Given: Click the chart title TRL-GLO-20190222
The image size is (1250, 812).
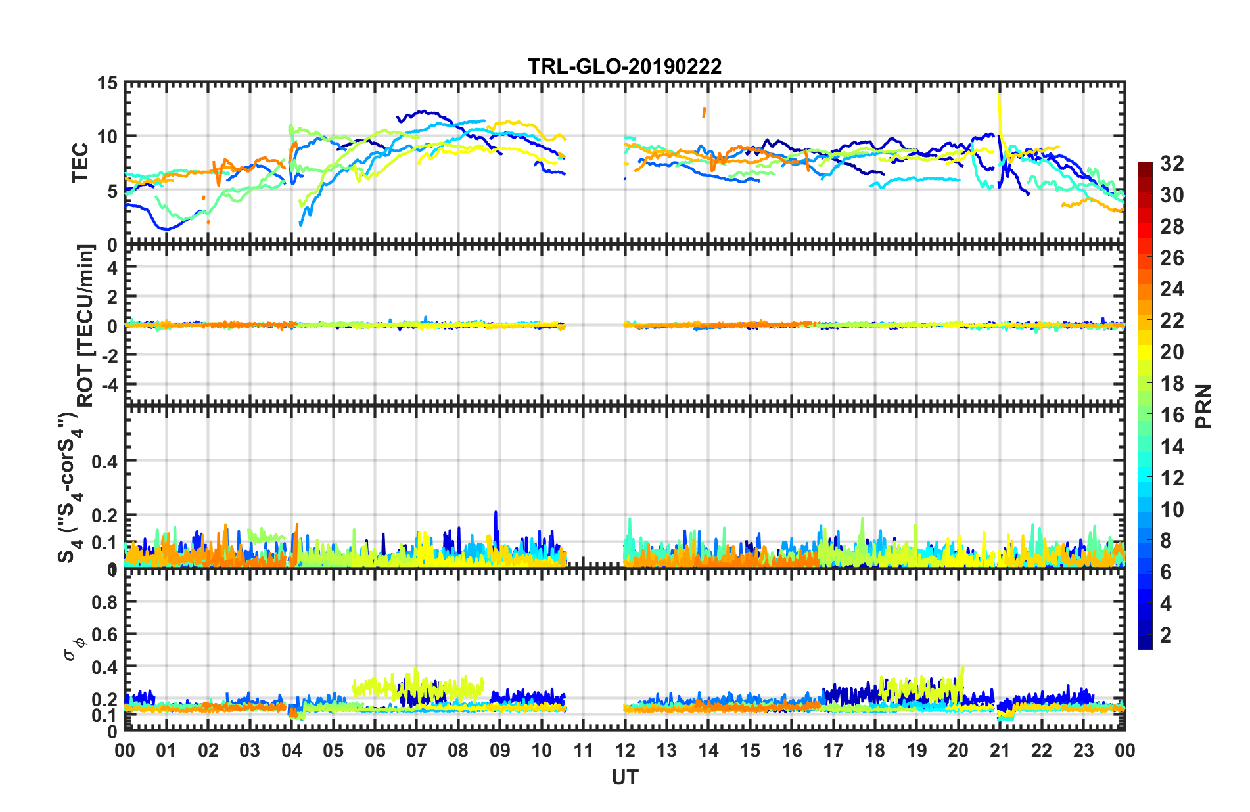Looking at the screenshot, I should pos(624,66).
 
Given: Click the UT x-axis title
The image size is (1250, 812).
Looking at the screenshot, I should pos(624,778).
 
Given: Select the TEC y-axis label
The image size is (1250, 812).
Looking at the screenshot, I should pos(80,163).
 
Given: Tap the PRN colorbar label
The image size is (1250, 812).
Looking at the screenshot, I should pos(1204,406).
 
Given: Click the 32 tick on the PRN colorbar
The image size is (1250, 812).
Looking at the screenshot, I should pos(1172,164).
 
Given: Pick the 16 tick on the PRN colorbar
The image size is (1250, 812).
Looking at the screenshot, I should pos(1172,415).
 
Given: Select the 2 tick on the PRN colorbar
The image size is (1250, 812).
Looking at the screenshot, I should pos(1167,635).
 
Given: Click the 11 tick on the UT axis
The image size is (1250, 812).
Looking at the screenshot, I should pos(583,750).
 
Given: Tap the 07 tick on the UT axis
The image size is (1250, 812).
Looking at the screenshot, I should pos(416,750).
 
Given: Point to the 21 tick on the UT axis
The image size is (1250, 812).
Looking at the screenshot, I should pos(1000,750).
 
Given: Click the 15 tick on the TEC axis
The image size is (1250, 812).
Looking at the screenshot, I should pos(107,83).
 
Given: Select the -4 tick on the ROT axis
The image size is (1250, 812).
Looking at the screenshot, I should pos(109,383).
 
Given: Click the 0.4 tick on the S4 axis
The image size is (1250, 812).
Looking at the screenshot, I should pos(104,461).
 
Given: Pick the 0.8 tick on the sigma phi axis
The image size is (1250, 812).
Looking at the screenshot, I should pos(104,602).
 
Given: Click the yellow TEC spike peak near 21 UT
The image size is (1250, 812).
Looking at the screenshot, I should pos(998,95).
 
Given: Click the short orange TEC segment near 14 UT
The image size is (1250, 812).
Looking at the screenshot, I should pos(704,112).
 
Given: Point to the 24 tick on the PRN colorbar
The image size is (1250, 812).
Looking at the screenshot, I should pos(1172,289).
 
